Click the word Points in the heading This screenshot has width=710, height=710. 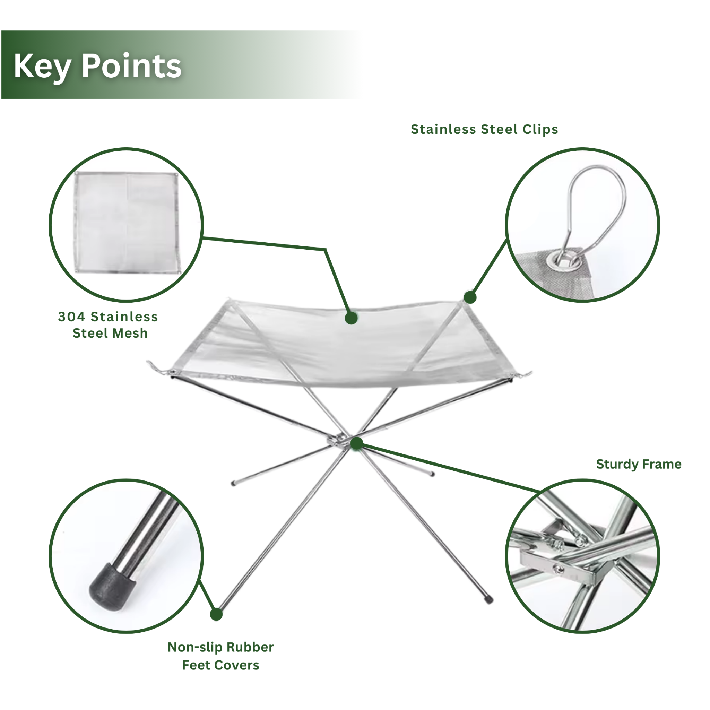(131, 66)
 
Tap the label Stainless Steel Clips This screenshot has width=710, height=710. (484, 129)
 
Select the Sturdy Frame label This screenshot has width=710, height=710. (639, 464)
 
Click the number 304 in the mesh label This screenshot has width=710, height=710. (72, 317)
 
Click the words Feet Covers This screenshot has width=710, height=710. (220, 675)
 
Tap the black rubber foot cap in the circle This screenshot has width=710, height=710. (112, 587)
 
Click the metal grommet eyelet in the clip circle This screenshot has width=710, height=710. (561, 261)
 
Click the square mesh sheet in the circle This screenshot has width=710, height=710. (127, 223)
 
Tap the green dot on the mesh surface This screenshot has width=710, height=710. (351, 318)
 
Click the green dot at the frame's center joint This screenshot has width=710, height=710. (356, 443)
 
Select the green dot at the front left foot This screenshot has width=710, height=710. (216, 624)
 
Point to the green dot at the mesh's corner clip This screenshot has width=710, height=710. (470, 297)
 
